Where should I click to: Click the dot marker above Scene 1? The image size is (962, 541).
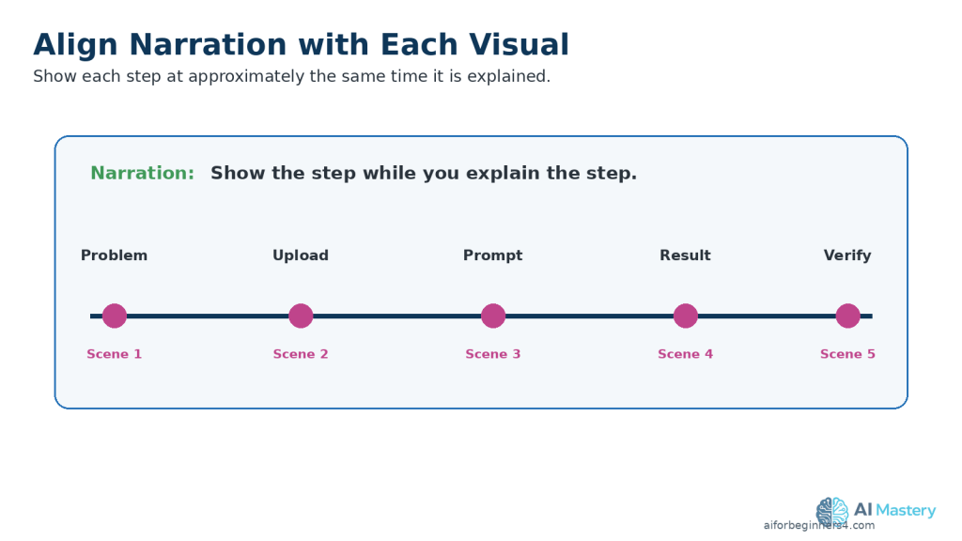tap(114, 316)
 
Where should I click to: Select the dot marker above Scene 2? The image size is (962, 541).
tap(301, 316)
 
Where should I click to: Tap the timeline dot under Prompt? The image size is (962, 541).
tap(493, 316)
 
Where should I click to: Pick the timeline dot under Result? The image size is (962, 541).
tap(685, 316)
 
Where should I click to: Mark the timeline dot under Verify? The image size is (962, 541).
tap(848, 316)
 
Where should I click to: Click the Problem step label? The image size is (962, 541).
tap(114, 255)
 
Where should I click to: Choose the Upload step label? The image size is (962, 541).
tap(301, 255)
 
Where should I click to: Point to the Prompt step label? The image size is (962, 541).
tap(492, 255)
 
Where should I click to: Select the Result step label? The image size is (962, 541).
tap(685, 255)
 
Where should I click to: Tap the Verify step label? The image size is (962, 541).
tap(847, 255)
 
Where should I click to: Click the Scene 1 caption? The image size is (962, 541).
tap(114, 354)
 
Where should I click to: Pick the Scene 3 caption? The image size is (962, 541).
tap(492, 354)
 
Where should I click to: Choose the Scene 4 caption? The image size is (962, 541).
tap(685, 354)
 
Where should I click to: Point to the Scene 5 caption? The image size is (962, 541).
tap(848, 354)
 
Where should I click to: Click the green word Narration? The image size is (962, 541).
tap(143, 173)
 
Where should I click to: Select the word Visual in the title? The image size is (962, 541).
tap(519, 45)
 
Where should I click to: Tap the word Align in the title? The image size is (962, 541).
tap(75, 46)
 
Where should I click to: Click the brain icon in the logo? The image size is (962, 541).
tap(832, 512)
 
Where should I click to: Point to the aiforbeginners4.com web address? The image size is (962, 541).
tap(819, 525)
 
